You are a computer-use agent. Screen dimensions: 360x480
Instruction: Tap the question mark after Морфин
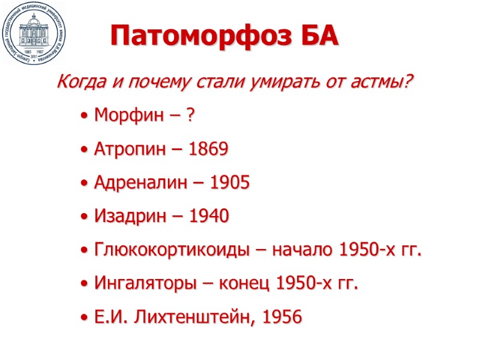pyautogui.click(x=190, y=116)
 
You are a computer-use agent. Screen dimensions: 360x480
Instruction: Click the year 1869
pyautogui.click(x=208, y=149)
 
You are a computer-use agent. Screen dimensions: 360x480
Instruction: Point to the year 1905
pyautogui.click(x=230, y=183)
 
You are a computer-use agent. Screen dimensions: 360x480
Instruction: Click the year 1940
pyautogui.click(x=209, y=217)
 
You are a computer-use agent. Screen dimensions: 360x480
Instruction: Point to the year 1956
pyautogui.click(x=281, y=317)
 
